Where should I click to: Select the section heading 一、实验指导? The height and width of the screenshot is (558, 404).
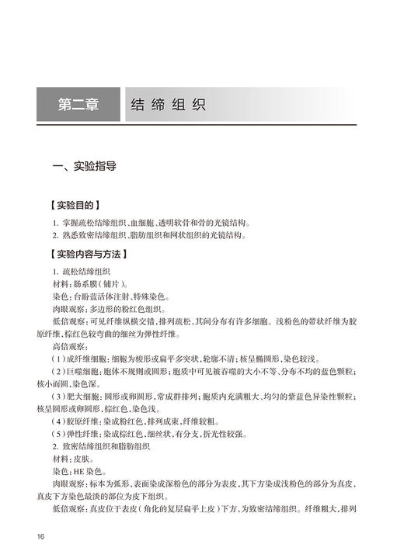[83, 165]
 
